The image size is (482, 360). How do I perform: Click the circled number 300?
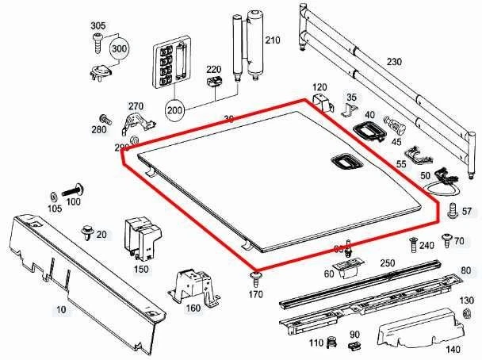120,49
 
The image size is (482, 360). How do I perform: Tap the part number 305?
98,26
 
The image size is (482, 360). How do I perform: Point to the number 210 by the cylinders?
273,40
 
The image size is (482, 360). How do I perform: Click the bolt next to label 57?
451,210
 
